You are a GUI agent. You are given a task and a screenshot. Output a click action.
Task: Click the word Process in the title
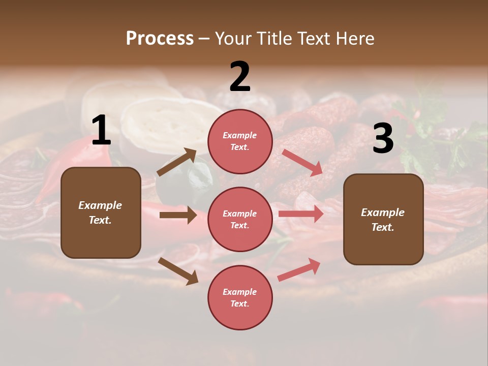click(160, 38)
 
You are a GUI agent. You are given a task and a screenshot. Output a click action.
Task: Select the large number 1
click(101, 131)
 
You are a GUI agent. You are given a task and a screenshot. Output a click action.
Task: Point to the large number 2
click(240, 77)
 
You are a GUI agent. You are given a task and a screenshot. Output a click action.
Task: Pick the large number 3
click(383, 139)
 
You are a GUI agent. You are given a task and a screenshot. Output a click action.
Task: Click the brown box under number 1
click(101, 212)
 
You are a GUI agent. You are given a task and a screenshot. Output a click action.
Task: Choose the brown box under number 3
click(383, 219)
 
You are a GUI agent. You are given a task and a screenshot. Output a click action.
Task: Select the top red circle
click(240, 141)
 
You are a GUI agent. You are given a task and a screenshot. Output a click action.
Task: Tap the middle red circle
click(240, 219)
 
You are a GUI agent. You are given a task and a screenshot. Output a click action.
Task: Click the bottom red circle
click(240, 297)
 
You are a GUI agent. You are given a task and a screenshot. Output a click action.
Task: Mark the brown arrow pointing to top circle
click(177, 162)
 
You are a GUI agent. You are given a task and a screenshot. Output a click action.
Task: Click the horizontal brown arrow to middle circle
click(178, 215)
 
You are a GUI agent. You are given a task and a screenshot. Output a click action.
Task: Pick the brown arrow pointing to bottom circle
click(178, 271)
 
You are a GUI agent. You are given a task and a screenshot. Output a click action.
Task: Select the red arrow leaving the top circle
click(302, 162)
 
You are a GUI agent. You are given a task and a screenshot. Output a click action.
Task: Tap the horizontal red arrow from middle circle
click(301, 214)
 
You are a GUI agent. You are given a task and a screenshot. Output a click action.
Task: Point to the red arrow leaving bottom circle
click(299, 269)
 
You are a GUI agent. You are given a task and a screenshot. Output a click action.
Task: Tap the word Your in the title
click(234, 38)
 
